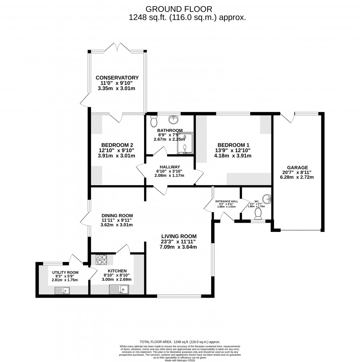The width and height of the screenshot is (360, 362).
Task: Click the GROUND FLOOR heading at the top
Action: (x=179, y=8)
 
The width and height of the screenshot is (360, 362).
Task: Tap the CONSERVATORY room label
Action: (x=117, y=78)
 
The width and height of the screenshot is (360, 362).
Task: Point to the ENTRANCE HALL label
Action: (x=227, y=201)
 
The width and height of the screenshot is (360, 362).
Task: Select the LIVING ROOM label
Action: (x=178, y=236)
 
